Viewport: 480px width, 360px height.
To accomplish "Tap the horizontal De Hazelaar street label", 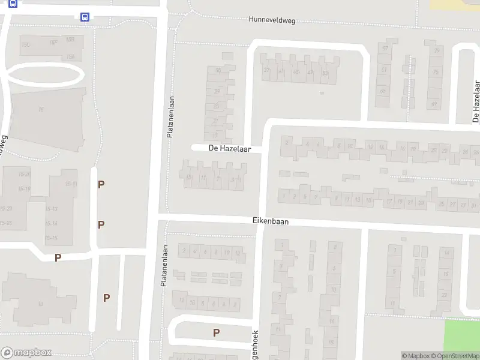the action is [229, 148].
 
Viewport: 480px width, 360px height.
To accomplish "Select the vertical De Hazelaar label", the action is [476, 101].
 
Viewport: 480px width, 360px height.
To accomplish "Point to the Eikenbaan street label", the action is [270, 221].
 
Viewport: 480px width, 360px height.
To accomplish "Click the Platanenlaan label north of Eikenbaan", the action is [170, 115].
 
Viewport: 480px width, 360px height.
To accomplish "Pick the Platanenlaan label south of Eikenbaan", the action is [163, 266].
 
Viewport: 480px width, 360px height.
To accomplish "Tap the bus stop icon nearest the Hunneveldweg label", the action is [85, 17].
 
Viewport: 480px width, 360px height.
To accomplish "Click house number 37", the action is [267, 71].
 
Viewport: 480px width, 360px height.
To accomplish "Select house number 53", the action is [325, 73].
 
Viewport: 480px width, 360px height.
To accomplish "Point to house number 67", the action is [385, 49].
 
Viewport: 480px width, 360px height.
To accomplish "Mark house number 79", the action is [436, 50].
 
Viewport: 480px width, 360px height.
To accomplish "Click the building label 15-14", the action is [52, 223].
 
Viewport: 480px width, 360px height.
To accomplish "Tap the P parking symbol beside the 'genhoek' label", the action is [216, 332].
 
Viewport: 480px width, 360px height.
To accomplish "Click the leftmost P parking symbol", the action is [58, 258].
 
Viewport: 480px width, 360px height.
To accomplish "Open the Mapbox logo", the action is [26, 353].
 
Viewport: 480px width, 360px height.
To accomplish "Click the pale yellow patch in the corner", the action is [456, 4].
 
